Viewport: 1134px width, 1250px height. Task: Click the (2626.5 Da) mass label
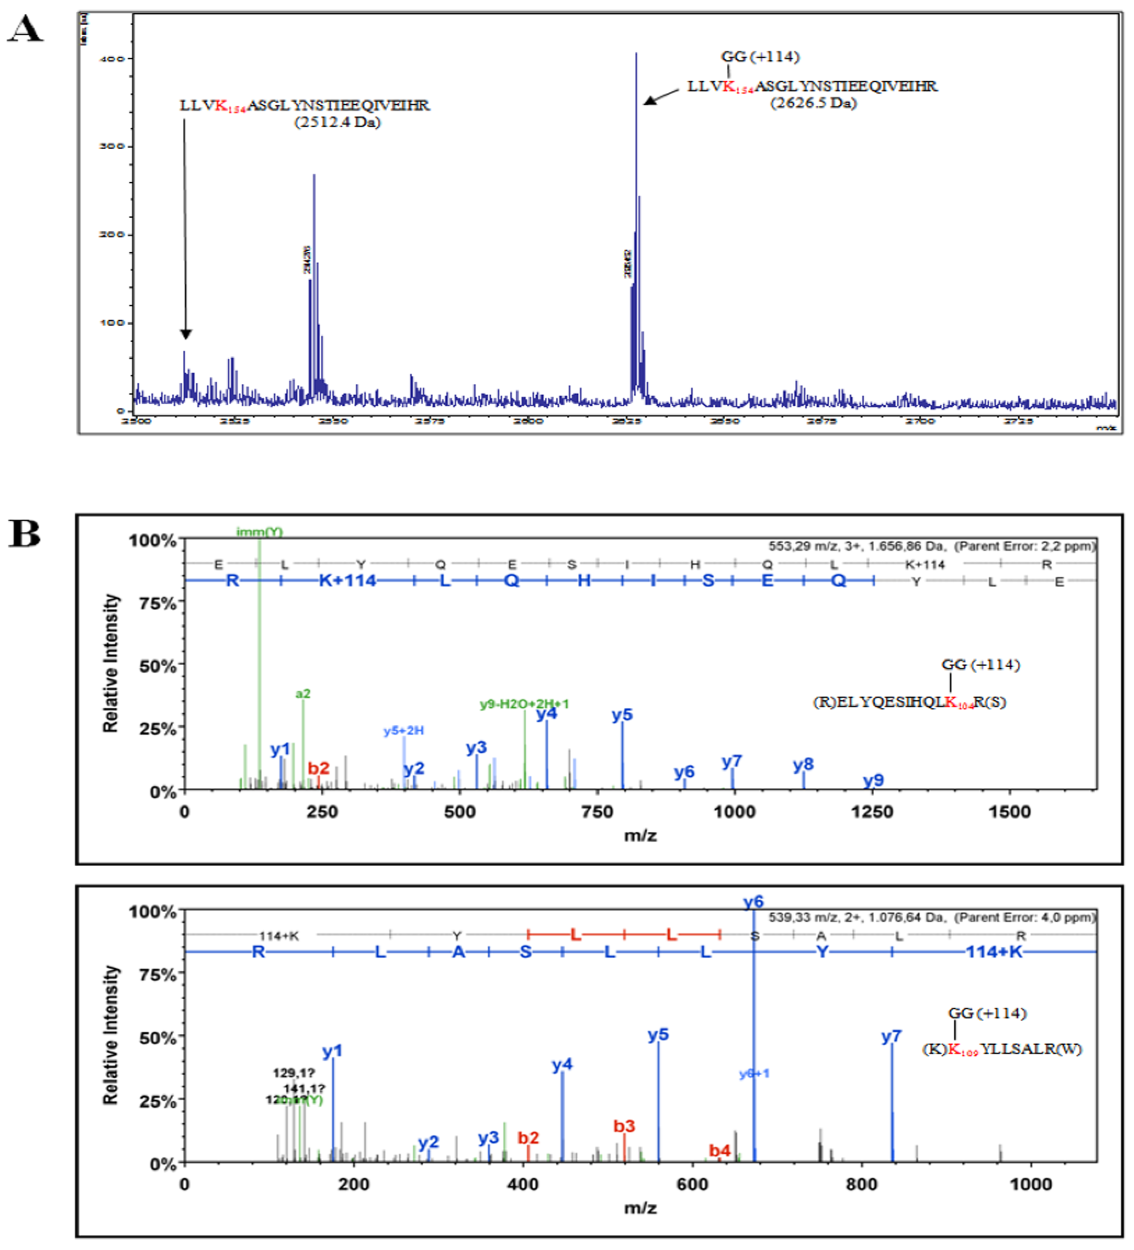pos(813,103)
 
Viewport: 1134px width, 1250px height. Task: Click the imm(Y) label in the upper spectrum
pos(259,532)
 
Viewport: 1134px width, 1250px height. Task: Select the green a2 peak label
pos(302,694)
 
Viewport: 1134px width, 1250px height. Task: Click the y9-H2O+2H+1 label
pos(524,704)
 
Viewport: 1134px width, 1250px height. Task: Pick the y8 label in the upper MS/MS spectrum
pos(803,765)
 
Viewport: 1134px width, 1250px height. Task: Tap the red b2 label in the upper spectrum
pos(319,768)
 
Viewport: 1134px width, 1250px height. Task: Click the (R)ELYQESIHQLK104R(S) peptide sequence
pos(909,702)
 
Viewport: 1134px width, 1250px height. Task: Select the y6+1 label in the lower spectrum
pos(754,1073)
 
